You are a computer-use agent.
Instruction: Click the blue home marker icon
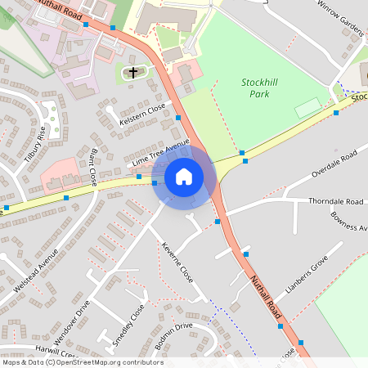[183, 176]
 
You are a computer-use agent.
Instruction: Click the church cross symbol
[133, 73]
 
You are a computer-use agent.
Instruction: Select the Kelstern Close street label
[142, 116]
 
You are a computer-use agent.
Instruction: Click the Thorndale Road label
[335, 201]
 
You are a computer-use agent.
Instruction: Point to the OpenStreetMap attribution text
[82, 362]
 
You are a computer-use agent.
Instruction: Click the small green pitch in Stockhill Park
[307, 106]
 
